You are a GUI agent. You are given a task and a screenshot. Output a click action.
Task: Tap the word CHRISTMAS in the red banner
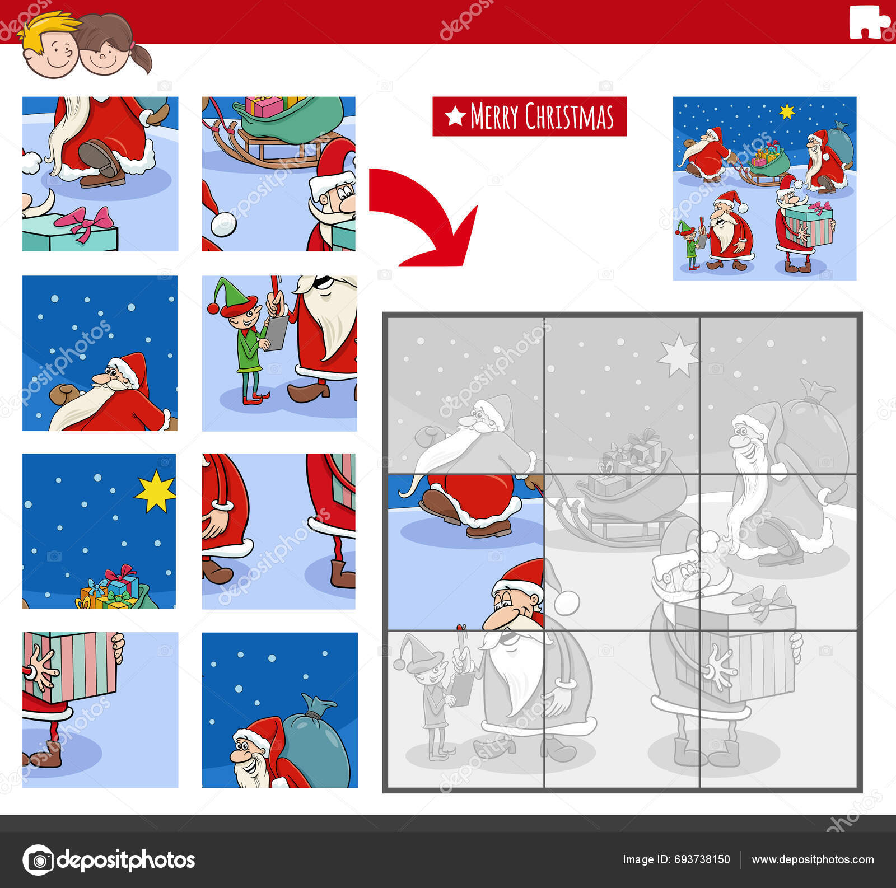[x=569, y=116]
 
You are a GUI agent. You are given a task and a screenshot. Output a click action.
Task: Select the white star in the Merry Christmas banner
[x=455, y=116]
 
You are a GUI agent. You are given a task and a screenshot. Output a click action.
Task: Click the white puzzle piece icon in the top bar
[x=867, y=23]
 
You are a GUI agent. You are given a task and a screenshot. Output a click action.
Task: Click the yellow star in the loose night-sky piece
[x=155, y=491]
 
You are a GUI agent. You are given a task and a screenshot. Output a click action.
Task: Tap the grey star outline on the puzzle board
[x=678, y=356]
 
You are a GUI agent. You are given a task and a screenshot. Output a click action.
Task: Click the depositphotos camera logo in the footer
[x=39, y=859]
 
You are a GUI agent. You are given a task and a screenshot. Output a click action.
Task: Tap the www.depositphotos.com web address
[x=813, y=859]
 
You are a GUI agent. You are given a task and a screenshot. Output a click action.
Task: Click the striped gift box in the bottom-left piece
[x=70, y=666]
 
